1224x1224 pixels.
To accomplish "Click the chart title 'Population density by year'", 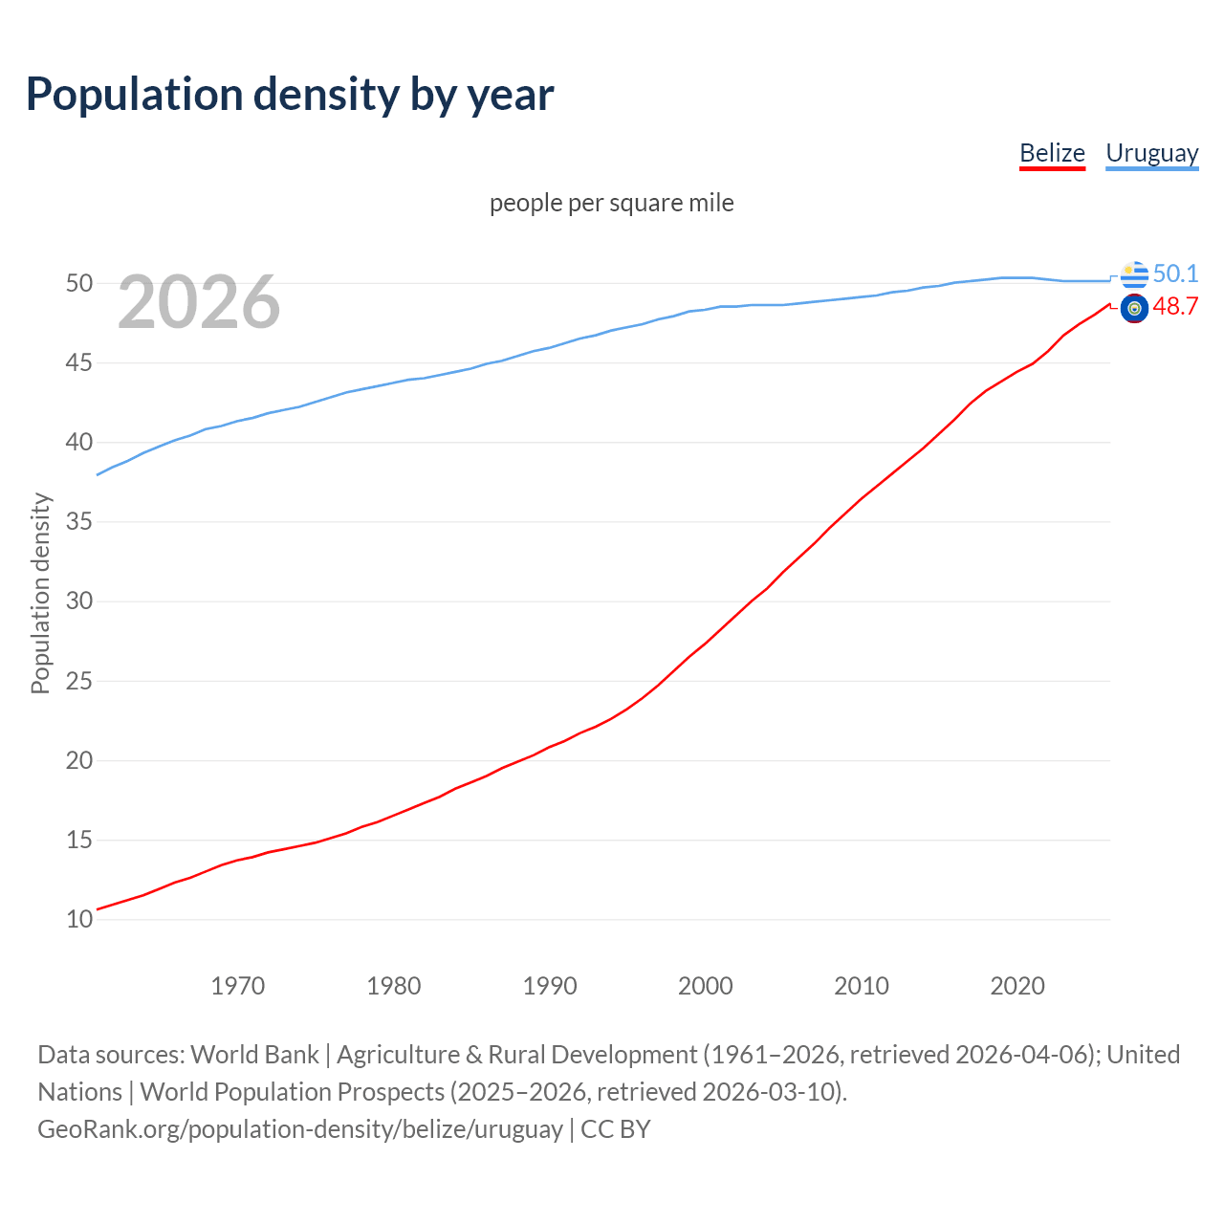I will coord(290,95).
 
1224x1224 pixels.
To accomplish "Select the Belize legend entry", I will coord(1052,153).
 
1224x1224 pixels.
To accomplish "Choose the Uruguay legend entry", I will coord(1151,153).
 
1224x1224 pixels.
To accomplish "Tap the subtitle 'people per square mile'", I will coord(611,203).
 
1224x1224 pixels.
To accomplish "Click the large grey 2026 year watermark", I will coord(199,302).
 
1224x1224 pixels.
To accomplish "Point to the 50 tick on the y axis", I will coord(79,283).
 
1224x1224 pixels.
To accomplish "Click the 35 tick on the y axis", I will coord(79,522).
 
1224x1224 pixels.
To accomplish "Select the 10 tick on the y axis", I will coord(79,920).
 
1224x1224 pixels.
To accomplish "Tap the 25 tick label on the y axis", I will coord(79,682).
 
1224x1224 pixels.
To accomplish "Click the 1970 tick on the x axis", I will coord(237,986).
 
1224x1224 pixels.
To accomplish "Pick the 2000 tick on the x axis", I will coord(705,986).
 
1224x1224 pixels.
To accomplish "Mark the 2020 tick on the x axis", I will coord(1016,986).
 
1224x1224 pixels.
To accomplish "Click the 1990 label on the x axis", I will coord(549,986).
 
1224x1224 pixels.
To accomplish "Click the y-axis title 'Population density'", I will coord(40,593).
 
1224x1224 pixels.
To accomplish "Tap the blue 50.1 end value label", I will coord(1175,273).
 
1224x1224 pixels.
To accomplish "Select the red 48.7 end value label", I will coord(1175,307).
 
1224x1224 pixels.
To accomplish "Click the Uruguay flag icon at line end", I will coord(1134,274).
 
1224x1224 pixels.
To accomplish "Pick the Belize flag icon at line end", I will coord(1134,308).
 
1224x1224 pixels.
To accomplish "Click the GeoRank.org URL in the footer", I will coord(300,1129).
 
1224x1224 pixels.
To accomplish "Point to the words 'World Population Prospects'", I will coord(293,1092).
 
